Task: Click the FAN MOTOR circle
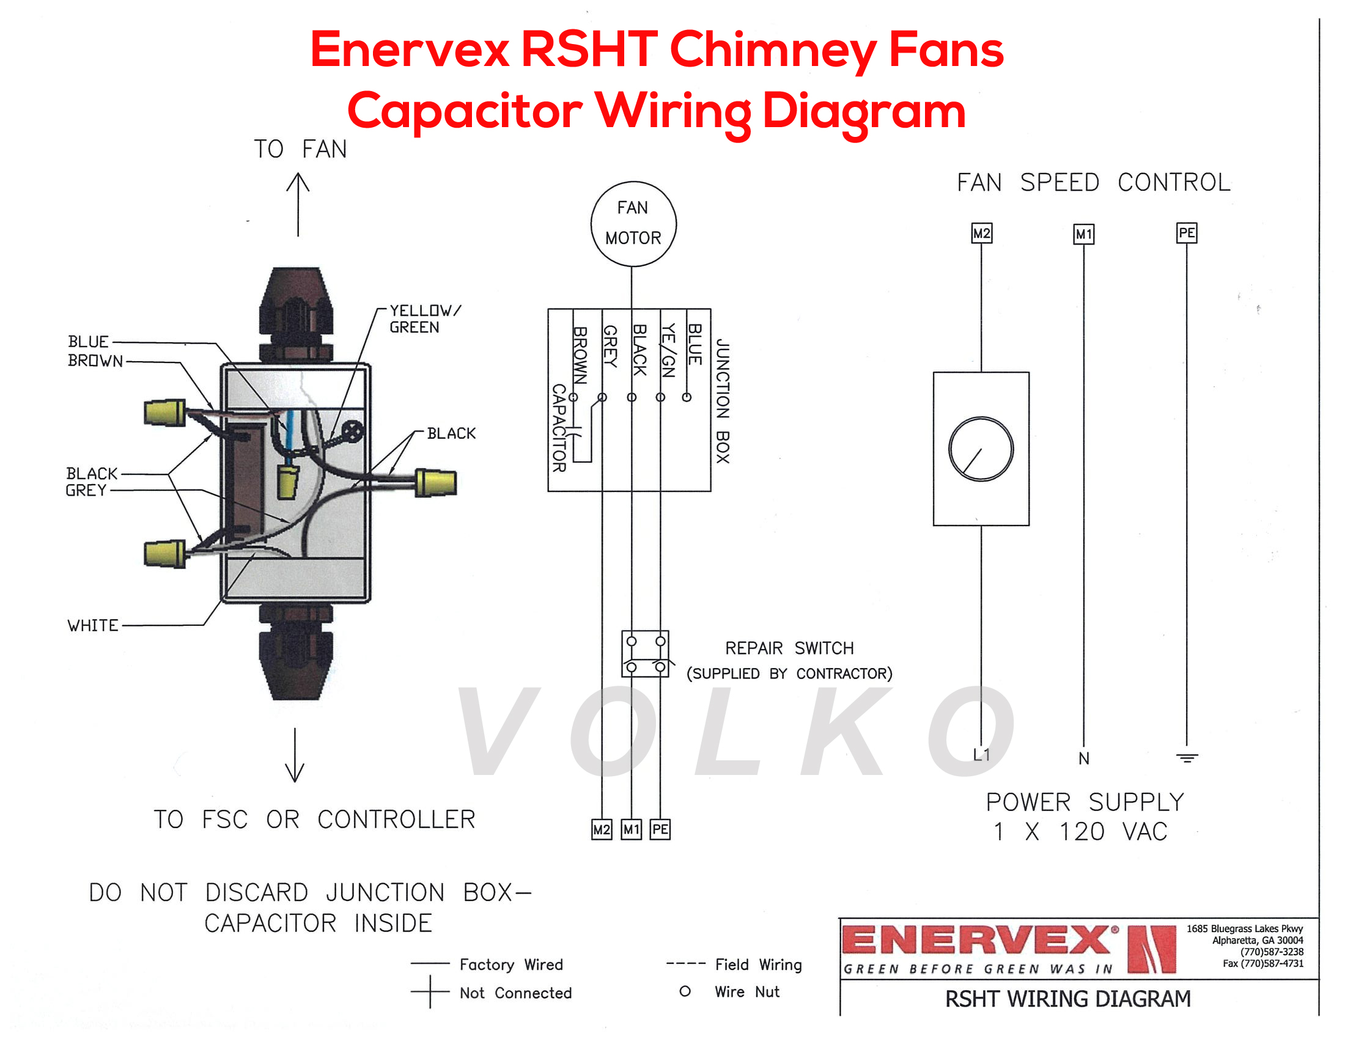pyautogui.click(x=633, y=224)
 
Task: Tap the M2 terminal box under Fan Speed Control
pyautogui.click(x=981, y=233)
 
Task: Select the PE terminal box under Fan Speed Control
pyautogui.click(x=1186, y=233)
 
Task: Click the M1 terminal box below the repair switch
pyautogui.click(x=631, y=829)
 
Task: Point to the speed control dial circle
pyautogui.click(x=981, y=449)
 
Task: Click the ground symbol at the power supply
pyautogui.click(x=1187, y=758)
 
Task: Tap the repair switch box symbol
pyautogui.click(x=645, y=654)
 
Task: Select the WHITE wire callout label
pyautogui.click(x=92, y=625)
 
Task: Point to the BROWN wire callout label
pyautogui.click(x=95, y=361)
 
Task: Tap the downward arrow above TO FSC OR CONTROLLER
pyautogui.click(x=295, y=755)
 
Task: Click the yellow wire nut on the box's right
pyautogui.click(x=436, y=483)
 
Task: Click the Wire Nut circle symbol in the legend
pyautogui.click(x=685, y=991)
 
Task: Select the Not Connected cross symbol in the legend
pyautogui.click(x=430, y=991)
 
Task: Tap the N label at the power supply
pyautogui.click(x=1084, y=758)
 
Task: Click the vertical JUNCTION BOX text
pyautogui.click(x=723, y=400)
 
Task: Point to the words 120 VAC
pyautogui.click(x=1113, y=832)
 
